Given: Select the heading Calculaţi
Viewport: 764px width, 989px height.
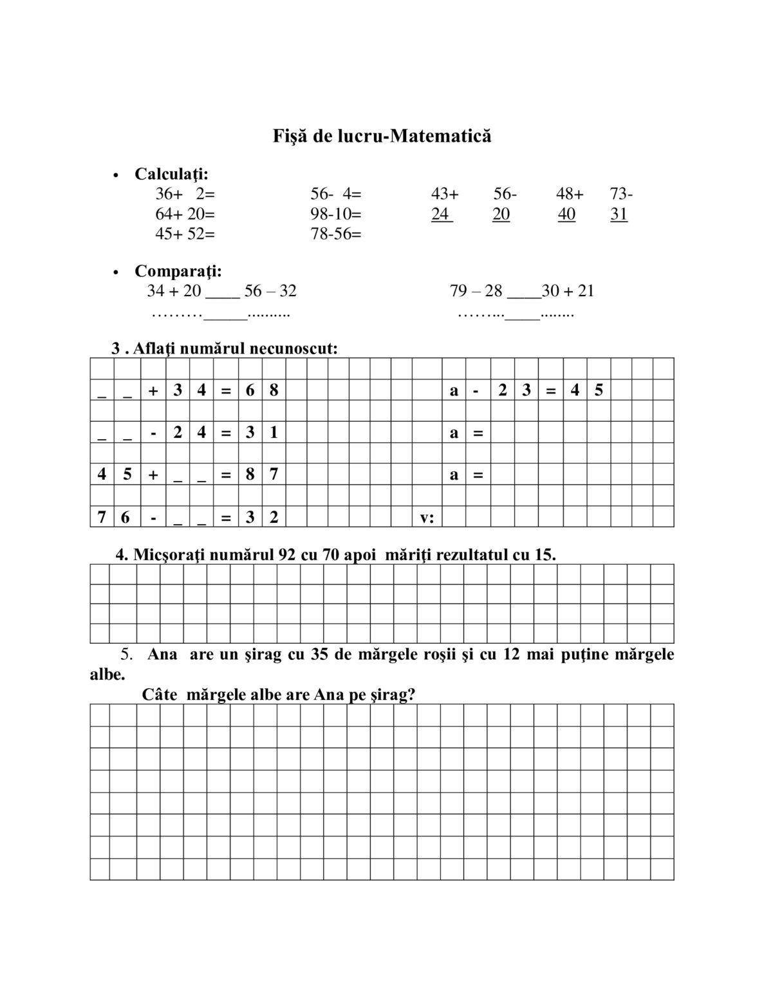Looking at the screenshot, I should point(171,174).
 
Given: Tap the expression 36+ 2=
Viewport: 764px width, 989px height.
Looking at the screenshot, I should point(185,194).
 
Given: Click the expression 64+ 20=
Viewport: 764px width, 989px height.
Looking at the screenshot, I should point(185,214).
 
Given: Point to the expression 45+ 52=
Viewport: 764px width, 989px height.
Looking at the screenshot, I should point(185,234).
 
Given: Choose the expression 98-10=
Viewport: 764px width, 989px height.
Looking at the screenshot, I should point(336,214).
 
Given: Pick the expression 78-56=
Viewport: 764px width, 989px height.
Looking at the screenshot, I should point(336,234).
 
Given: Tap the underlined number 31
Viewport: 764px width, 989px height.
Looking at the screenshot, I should point(619,214).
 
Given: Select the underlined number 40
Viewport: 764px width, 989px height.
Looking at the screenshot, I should point(566,214).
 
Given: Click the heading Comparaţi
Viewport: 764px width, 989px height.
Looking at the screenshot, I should point(178,271).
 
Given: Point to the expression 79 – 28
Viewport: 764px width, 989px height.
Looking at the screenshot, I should point(476,291).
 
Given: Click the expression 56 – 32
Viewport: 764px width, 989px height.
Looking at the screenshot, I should point(270,291).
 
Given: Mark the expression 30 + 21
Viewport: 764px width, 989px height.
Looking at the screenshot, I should point(568,291).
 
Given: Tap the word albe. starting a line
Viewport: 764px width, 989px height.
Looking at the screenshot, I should point(107,675).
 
